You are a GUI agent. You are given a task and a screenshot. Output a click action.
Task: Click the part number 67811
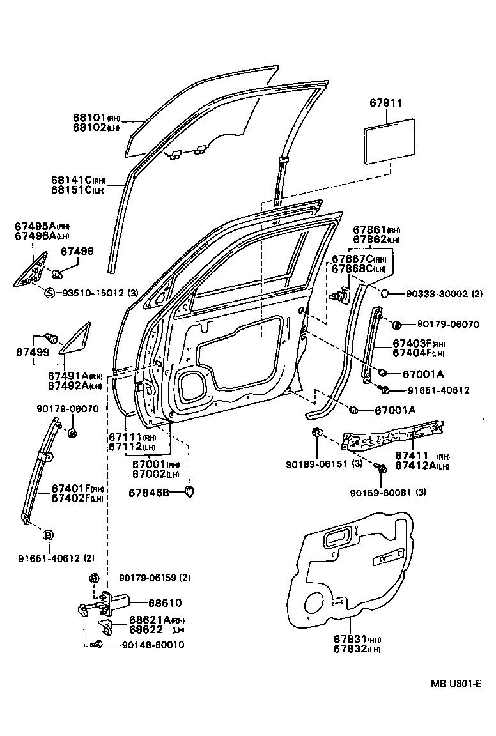[387, 102]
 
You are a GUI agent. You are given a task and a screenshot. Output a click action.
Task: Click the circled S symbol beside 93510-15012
[49, 293]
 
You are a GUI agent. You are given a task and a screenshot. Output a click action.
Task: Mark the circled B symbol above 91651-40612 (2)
[48, 535]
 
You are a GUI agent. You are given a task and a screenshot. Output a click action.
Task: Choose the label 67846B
[148, 492]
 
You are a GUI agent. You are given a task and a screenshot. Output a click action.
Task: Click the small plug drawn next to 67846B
[189, 491]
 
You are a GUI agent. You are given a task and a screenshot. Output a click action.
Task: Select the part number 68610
[165, 602]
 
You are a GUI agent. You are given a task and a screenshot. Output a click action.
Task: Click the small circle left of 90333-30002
[385, 293]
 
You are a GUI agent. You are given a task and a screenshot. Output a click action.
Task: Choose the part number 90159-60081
[381, 492]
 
